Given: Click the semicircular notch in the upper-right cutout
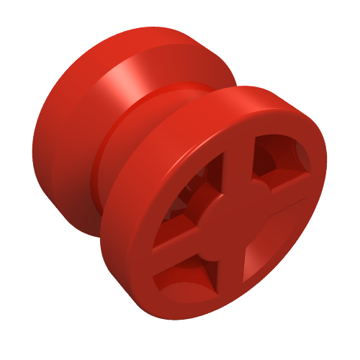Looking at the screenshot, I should tap(302, 155).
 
